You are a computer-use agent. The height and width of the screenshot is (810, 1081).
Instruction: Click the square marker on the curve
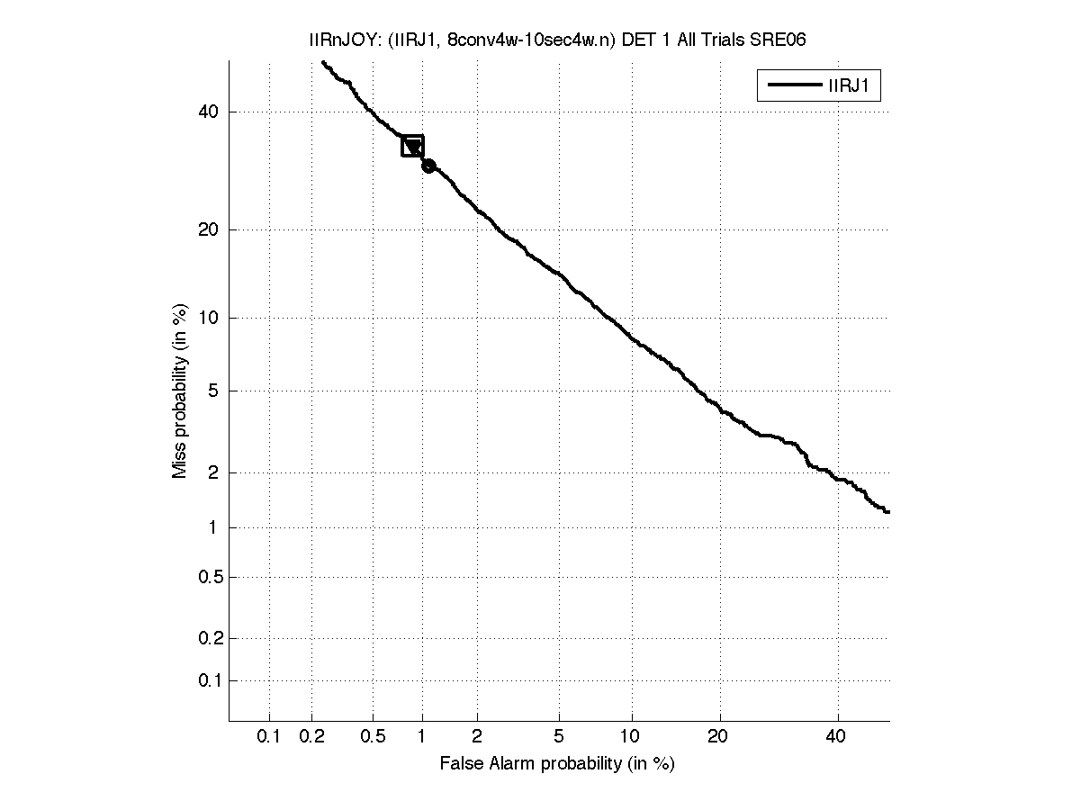[x=412, y=146]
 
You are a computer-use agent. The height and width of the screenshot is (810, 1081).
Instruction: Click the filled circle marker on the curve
[x=428, y=166]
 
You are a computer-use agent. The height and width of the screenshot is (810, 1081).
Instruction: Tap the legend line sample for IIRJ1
[x=791, y=86]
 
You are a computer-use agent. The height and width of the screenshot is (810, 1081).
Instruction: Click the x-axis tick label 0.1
[x=269, y=737]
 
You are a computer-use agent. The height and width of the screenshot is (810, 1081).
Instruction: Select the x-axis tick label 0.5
[x=372, y=737]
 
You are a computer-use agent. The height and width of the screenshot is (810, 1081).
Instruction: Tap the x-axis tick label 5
[x=559, y=737]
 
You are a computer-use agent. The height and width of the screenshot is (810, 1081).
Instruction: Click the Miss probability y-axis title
[x=181, y=391]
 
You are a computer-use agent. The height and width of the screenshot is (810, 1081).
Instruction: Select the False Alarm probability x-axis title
[x=557, y=764]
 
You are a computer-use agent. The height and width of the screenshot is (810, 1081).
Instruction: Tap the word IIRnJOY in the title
[x=333, y=40]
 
